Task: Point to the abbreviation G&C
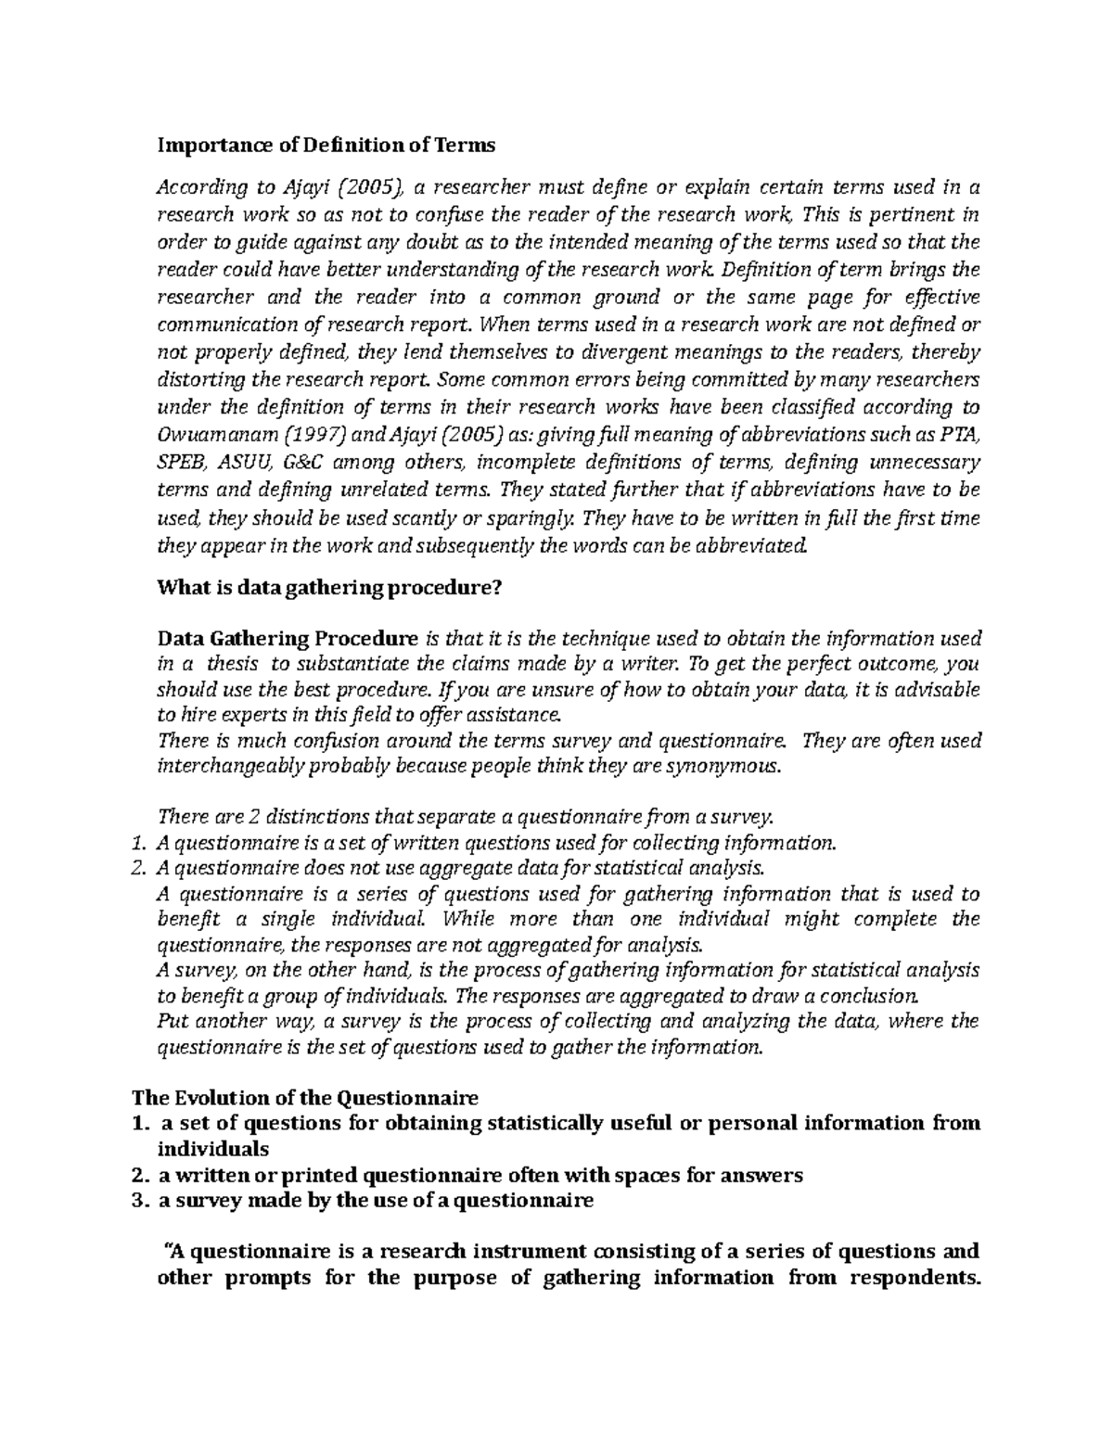coord(304,462)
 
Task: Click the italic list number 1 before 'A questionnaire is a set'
coord(139,844)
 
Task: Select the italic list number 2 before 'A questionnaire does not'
coord(139,869)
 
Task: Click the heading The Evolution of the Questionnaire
coord(306,1098)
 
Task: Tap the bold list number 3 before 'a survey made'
coord(139,1201)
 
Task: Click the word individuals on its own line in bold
coord(212,1149)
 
